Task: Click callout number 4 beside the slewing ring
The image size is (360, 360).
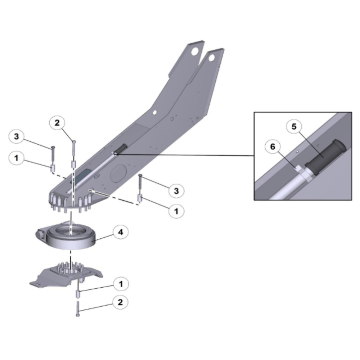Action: pos(121,232)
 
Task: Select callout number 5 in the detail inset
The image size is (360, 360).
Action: pos(294,126)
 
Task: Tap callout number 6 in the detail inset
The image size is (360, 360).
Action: pos(273,147)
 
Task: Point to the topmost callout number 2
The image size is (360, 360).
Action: pos(57,123)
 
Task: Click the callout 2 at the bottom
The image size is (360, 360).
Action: pos(120,302)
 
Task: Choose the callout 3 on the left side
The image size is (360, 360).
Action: pos(16,136)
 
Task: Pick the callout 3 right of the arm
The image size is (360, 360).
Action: pos(176,191)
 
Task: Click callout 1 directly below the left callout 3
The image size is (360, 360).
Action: pos(16,158)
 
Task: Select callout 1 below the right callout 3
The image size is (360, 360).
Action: pos(176,211)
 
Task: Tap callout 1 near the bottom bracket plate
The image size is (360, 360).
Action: pos(121,284)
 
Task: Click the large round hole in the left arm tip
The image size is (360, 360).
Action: pos(195,51)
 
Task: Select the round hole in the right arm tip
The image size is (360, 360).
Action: pos(212,58)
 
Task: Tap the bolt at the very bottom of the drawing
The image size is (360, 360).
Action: pos(78,309)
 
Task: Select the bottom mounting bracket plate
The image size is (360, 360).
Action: pos(67,275)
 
